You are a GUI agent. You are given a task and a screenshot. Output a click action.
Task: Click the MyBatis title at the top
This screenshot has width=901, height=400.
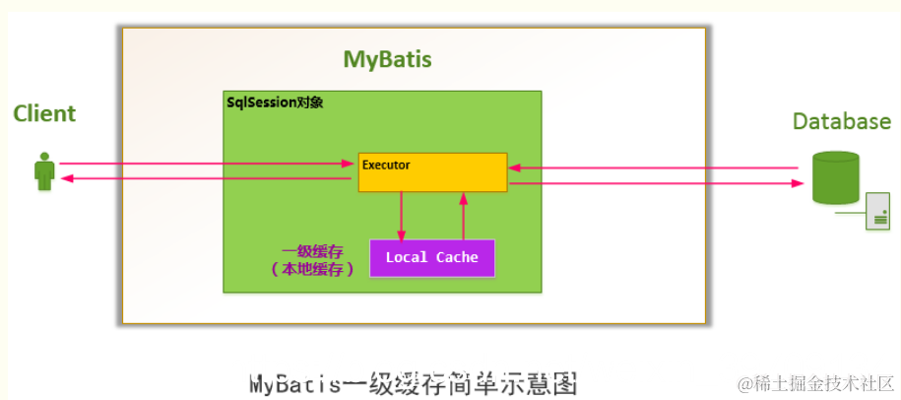point(387,59)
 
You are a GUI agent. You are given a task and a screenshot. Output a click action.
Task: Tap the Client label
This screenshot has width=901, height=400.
point(44,113)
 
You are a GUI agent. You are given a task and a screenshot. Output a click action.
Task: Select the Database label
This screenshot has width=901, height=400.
point(841,121)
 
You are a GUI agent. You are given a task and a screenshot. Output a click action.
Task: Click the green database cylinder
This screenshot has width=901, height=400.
point(835,177)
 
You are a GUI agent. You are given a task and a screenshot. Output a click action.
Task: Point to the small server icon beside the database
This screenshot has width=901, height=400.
point(877,212)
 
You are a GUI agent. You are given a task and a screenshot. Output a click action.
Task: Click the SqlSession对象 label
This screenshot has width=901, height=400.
point(275,101)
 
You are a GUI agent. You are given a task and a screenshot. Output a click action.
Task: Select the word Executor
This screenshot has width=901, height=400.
point(386,165)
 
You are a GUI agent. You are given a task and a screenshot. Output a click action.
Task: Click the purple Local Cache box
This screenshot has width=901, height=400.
point(432,258)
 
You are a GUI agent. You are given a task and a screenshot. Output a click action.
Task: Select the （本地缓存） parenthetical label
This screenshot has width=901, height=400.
point(311,268)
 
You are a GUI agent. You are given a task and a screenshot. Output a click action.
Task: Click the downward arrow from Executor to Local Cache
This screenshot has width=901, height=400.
point(401,215)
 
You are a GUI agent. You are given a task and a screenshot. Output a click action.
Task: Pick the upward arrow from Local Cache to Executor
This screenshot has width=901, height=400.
point(462,215)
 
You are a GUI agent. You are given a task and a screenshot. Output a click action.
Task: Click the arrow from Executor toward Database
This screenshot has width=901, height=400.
point(655,182)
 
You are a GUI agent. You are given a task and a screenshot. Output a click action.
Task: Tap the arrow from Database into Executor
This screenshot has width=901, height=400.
point(655,167)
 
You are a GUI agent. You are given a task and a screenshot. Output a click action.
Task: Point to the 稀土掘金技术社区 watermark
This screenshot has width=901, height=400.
point(817,382)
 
